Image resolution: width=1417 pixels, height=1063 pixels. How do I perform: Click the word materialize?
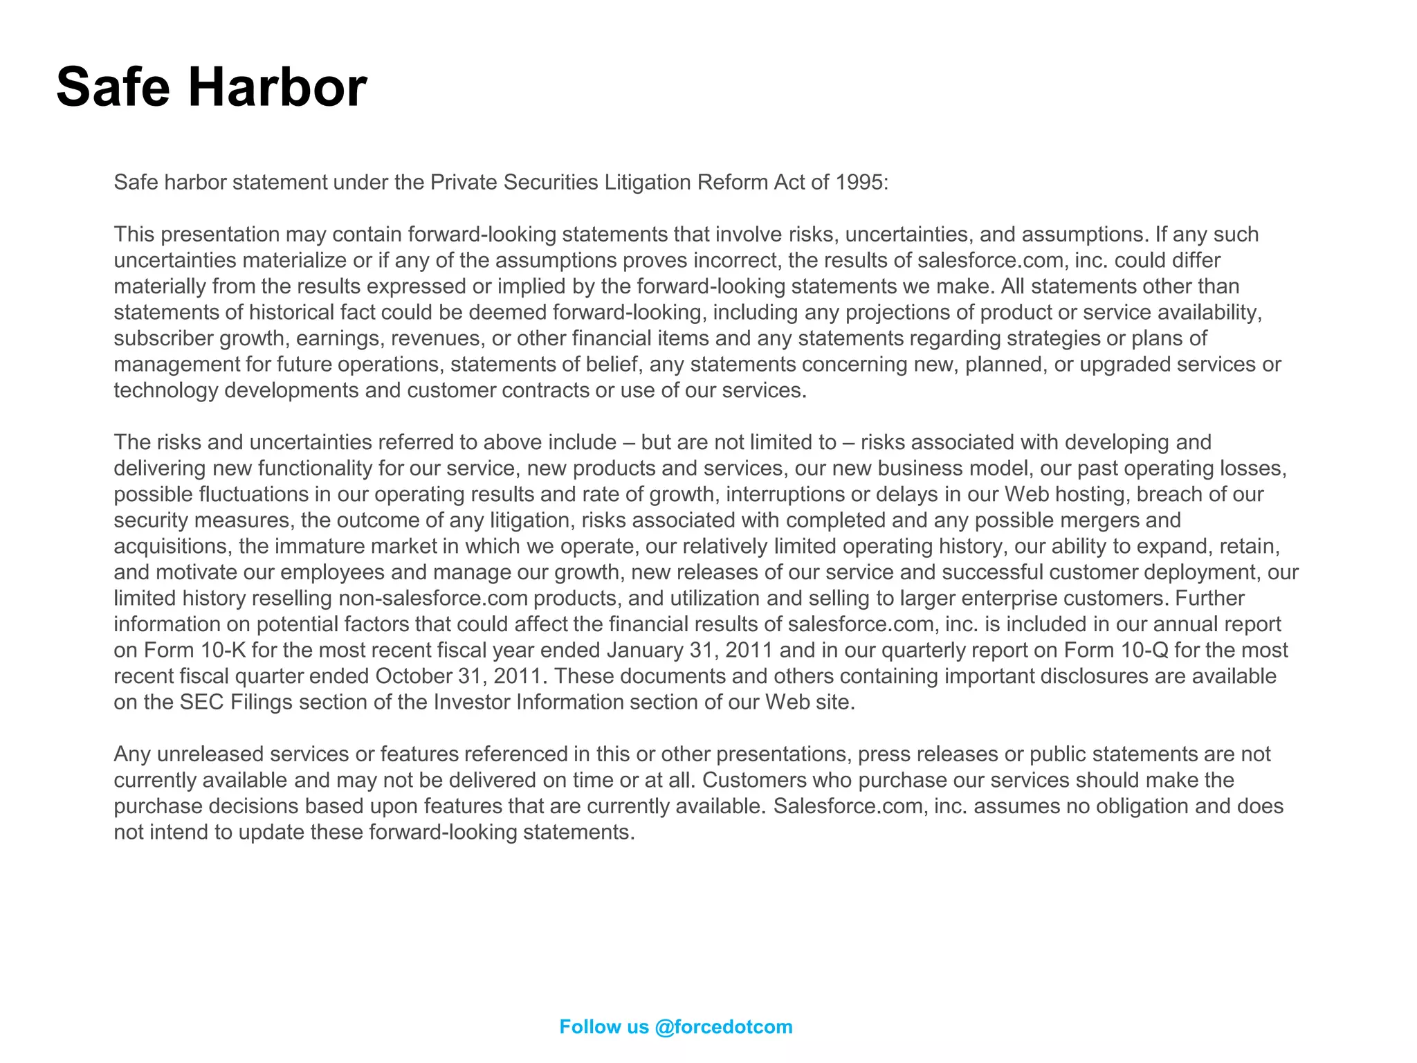286,260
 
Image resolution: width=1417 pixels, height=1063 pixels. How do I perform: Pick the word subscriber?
163,338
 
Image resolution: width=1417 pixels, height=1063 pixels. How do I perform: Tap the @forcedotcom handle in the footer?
723,1027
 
